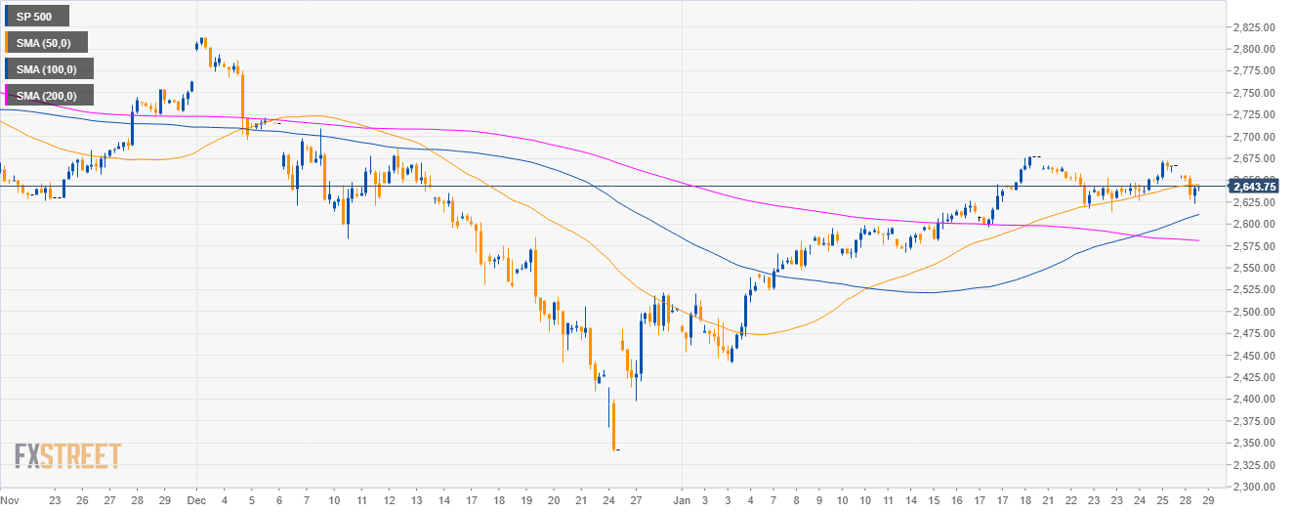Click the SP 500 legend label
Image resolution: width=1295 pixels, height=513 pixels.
36,16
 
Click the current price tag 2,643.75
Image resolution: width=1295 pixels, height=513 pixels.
1258,186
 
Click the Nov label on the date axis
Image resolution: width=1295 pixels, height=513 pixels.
11,498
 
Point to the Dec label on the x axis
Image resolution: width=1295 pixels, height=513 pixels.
196,498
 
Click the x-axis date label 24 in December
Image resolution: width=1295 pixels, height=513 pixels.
610,498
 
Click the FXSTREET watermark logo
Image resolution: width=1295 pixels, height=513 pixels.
67,455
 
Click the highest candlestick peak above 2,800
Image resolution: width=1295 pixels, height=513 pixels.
202,39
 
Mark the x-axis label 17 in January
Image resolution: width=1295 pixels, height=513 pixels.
1000,498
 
